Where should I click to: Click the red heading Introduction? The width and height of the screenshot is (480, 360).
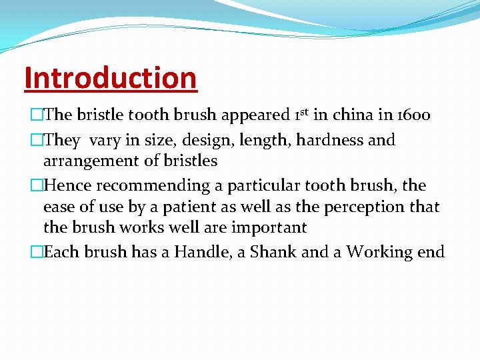click(110, 78)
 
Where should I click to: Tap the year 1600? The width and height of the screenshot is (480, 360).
click(414, 115)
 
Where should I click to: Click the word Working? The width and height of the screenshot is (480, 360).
click(379, 253)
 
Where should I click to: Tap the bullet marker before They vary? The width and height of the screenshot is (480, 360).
click(37, 141)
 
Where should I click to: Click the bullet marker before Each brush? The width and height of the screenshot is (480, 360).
click(37, 252)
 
